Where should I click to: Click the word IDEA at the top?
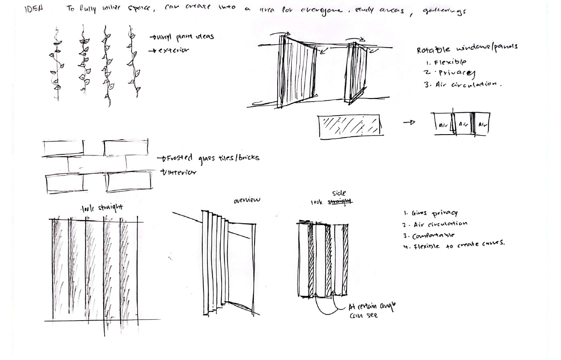pyautogui.click(x=34, y=10)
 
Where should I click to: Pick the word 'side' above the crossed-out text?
pyautogui.click(x=339, y=193)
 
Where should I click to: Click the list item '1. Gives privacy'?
pyautogui.click(x=428, y=213)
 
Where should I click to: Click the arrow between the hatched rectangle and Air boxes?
pyautogui.click(x=409, y=123)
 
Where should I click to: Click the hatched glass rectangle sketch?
pyautogui.click(x=349, y=126)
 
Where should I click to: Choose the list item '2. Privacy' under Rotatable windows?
pyautogui.click(x=446, y=72)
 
